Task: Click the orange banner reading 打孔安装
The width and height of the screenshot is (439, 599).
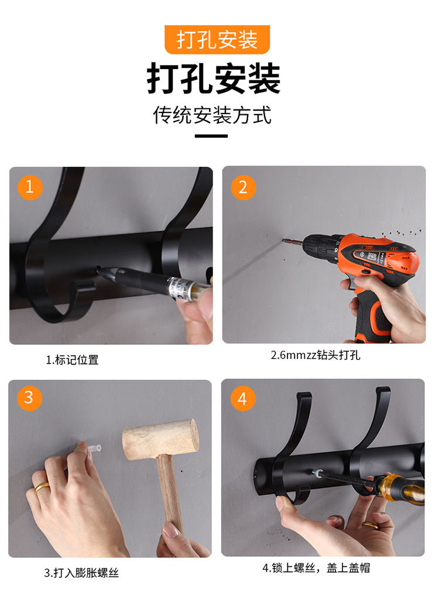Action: pos(217,40)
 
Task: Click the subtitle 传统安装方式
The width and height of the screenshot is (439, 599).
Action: pos(212,115)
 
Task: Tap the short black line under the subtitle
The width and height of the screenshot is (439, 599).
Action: pos(211,136)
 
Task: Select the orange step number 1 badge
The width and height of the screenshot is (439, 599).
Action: pos(30,187)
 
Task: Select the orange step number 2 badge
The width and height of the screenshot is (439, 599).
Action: pos(243,187)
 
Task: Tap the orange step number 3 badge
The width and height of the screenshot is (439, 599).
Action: pos(29,398)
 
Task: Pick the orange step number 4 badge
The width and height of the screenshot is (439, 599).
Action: pos(242,398)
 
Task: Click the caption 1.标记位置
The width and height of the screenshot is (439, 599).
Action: pos(73,360)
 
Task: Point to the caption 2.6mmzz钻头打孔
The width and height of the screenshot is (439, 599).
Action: pos(315,355)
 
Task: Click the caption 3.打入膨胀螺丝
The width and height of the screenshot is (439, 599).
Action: pos(81,573)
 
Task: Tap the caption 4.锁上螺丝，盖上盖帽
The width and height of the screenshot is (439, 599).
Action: pos(316,568)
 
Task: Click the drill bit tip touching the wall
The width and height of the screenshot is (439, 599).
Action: pos(283,240)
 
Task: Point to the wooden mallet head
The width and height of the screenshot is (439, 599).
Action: pos(161,439)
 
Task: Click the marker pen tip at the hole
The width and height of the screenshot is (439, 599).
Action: pos(100,271)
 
